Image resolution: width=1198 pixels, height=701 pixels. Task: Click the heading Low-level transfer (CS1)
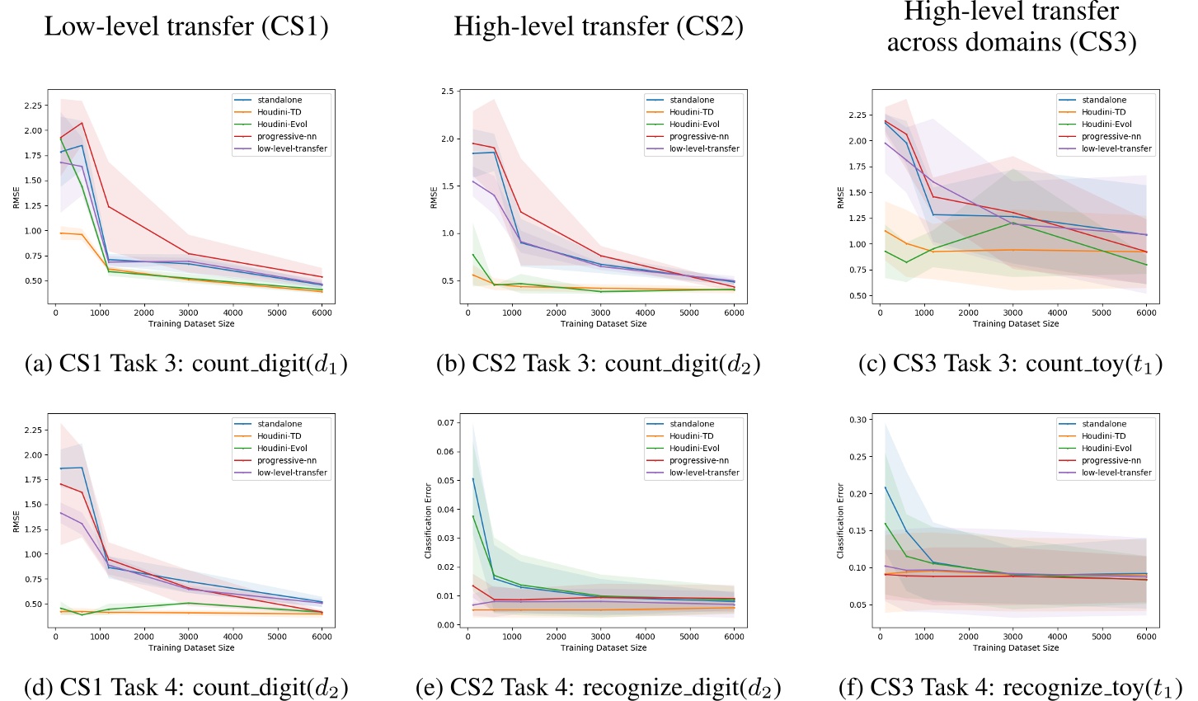coord(186,26)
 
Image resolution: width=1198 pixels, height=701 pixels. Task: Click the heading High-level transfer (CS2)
coord(599,26)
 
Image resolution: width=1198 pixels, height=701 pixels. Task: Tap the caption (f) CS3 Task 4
coord(1010,687)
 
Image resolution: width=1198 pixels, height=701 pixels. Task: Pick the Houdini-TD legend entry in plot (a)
coord(280,112)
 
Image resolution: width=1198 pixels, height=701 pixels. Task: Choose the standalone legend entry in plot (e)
coord(692,424)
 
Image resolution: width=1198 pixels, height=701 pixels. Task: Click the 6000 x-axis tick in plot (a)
coord(322,313)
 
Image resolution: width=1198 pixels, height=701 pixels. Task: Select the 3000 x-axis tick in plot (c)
coord(1012,313)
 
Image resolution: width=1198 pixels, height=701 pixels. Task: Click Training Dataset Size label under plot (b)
coord(604,324)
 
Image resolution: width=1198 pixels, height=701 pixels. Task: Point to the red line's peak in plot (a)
coord(82,123)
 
